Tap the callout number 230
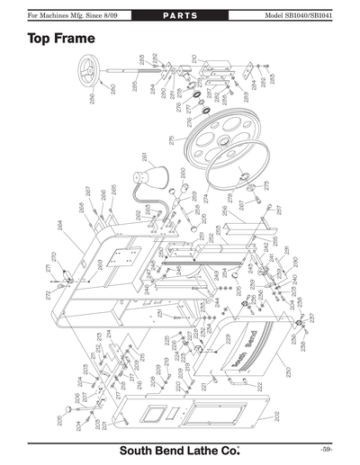[287, 370]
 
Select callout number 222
[260, 386]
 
